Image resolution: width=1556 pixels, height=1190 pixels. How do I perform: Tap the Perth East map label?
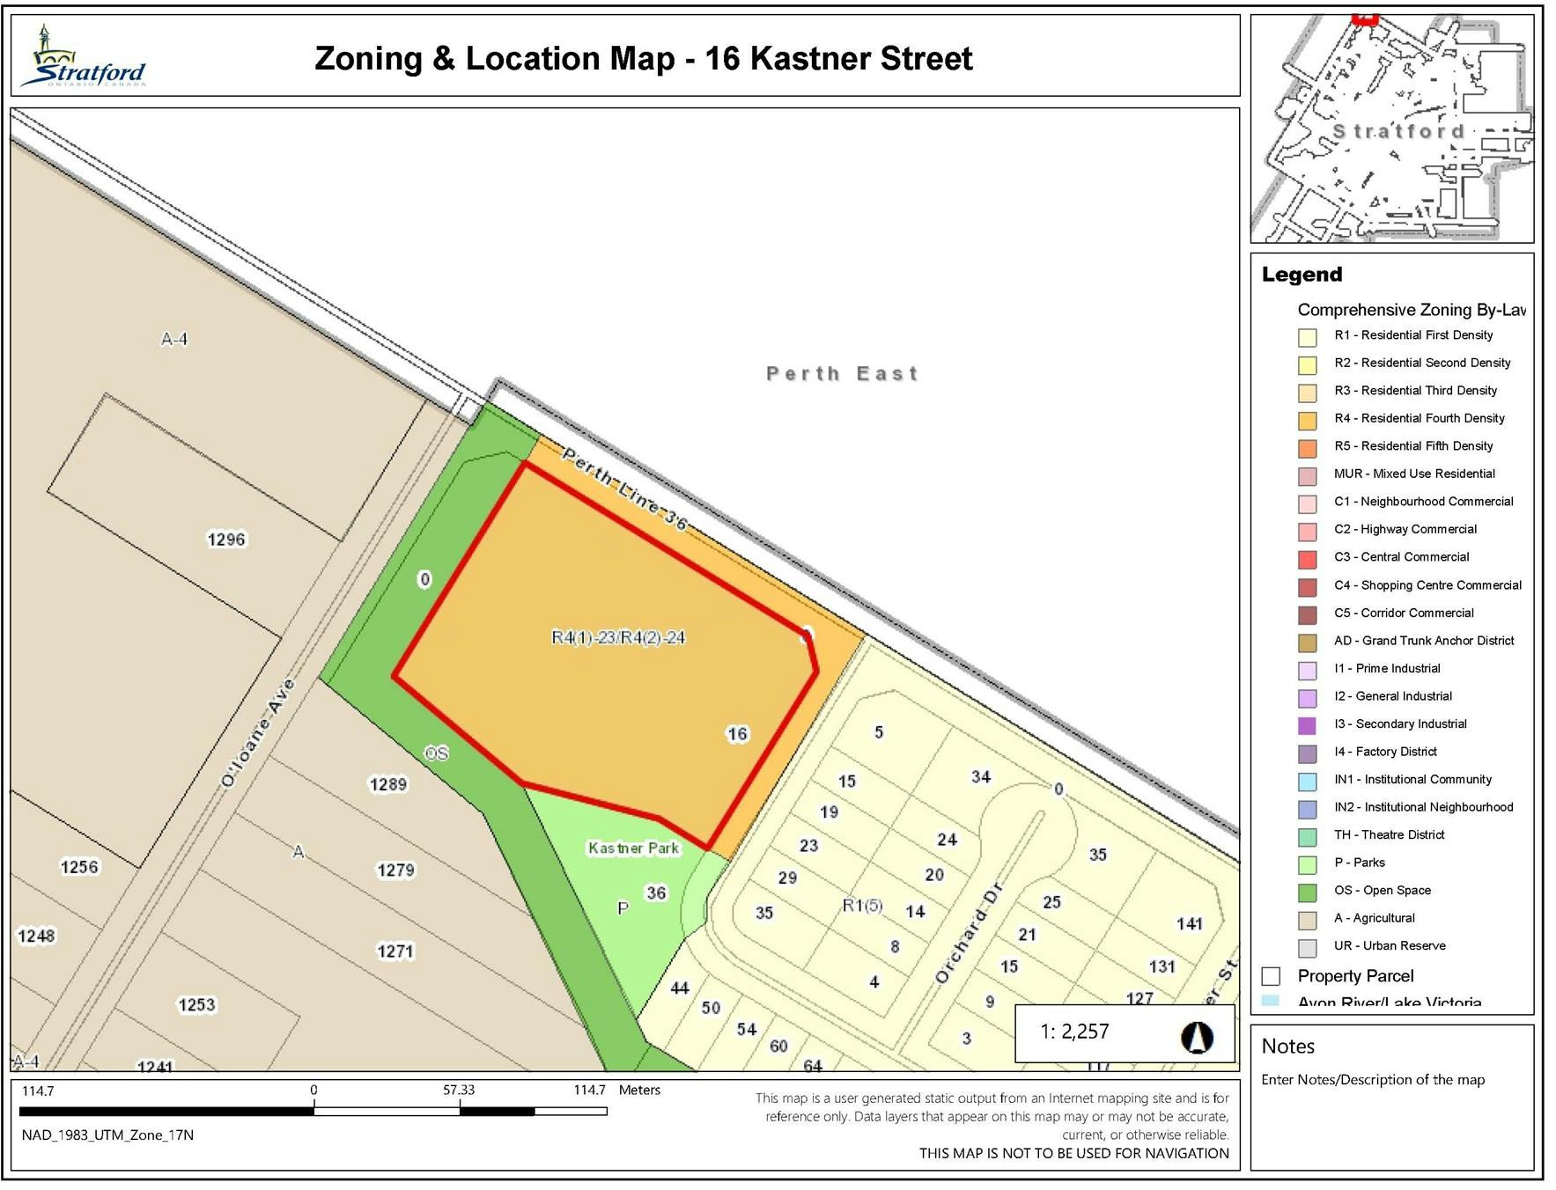pos(842,373)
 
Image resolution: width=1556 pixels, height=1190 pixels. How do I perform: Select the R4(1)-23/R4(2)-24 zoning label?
pos(618,637)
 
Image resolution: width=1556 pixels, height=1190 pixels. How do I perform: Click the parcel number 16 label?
pos(737,733)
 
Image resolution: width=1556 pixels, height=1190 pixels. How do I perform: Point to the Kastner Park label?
pos(633,848)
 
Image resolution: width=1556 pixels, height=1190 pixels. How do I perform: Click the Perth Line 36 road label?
pos(624,488)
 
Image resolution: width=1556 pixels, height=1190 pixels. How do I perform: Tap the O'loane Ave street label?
pos(257,733)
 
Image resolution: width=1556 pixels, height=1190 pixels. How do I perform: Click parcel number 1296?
pos(226,539)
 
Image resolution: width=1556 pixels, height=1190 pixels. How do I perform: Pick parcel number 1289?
pos(387,783)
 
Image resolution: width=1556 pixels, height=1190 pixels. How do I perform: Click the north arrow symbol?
pos(1196,1037)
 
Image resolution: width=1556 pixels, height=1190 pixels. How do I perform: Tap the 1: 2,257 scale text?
pos(1074,1032)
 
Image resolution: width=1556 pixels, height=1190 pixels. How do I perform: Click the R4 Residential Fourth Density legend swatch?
pos(1307,421)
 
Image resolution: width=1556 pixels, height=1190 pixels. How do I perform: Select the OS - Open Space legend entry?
pos(1381,890)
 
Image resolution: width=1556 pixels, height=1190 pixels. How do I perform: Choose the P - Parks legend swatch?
pos(1307,864)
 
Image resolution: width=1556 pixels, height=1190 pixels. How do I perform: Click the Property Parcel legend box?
pos(1270,975)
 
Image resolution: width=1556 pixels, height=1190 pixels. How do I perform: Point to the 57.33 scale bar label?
pos(458,1090)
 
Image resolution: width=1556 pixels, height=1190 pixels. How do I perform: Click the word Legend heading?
pos(1302,275)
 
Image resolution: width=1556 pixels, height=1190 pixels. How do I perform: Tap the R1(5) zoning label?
pos(862,905)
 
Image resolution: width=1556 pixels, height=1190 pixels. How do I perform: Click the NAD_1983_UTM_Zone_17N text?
pos(107,1135)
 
